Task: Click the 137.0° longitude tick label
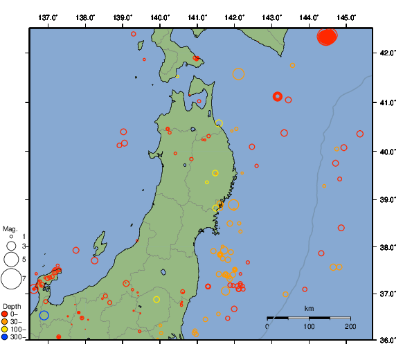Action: click(x=48, y=17)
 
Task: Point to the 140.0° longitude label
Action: click(x=160, y=17)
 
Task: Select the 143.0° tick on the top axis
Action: click(x=272, y=17)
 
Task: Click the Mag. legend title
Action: click(x=10, y=228)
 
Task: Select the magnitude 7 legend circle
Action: click(x=11, y=279)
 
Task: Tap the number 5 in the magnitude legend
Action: click(x=24, y=259)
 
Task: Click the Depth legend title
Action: click(x=12, y=306)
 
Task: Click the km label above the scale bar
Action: click(x=309, y=308)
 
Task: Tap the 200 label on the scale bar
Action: click(x=350, y=326)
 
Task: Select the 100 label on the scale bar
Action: click(x=309, y=326)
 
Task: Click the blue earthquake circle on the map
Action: click(x=44, y=315)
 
